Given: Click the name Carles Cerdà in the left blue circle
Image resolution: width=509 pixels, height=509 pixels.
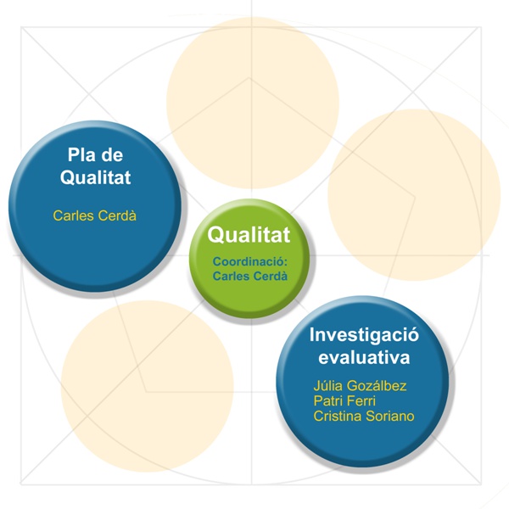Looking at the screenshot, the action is tap(94, 215).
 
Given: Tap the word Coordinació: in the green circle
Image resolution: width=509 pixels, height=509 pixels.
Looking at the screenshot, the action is tap(250, 261).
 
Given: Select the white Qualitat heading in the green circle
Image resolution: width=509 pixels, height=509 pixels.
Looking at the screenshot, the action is tap(249, 235).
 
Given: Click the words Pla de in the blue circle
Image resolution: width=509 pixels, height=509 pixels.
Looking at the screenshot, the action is tap(95, 154).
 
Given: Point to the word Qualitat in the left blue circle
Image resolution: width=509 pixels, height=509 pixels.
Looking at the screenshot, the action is tap(95, 177).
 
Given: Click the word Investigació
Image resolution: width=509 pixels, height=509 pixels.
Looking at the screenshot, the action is tap(364, 335).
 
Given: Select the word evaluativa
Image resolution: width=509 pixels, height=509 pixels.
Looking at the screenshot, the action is tap(364, 357).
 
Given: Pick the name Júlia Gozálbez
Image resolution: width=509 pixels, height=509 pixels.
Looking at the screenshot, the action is tap(360, 386).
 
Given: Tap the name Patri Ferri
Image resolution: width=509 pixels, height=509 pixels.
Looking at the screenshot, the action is tap(344, 401).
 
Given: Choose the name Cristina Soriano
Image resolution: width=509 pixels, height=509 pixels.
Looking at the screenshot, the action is tap(364, 417).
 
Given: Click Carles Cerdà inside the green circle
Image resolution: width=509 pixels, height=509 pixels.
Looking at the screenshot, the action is tap(250, 276).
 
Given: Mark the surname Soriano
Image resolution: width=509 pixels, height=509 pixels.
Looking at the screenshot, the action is tap(390, 417).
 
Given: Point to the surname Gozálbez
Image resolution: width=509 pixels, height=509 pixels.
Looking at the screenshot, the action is tap(377, 386).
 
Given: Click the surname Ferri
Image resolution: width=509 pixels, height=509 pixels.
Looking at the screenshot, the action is tap(361, 401).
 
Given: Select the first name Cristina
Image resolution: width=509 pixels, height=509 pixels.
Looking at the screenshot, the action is tap(338, 417).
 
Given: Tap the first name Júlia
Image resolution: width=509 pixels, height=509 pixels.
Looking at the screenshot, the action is tap(327, 386).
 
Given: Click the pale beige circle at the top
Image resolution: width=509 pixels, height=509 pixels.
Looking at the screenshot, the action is tap(253, 103).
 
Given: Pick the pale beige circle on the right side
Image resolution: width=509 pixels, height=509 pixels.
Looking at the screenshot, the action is tap(415, 195).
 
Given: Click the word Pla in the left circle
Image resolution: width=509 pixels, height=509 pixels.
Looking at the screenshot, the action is tap(80, 154).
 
